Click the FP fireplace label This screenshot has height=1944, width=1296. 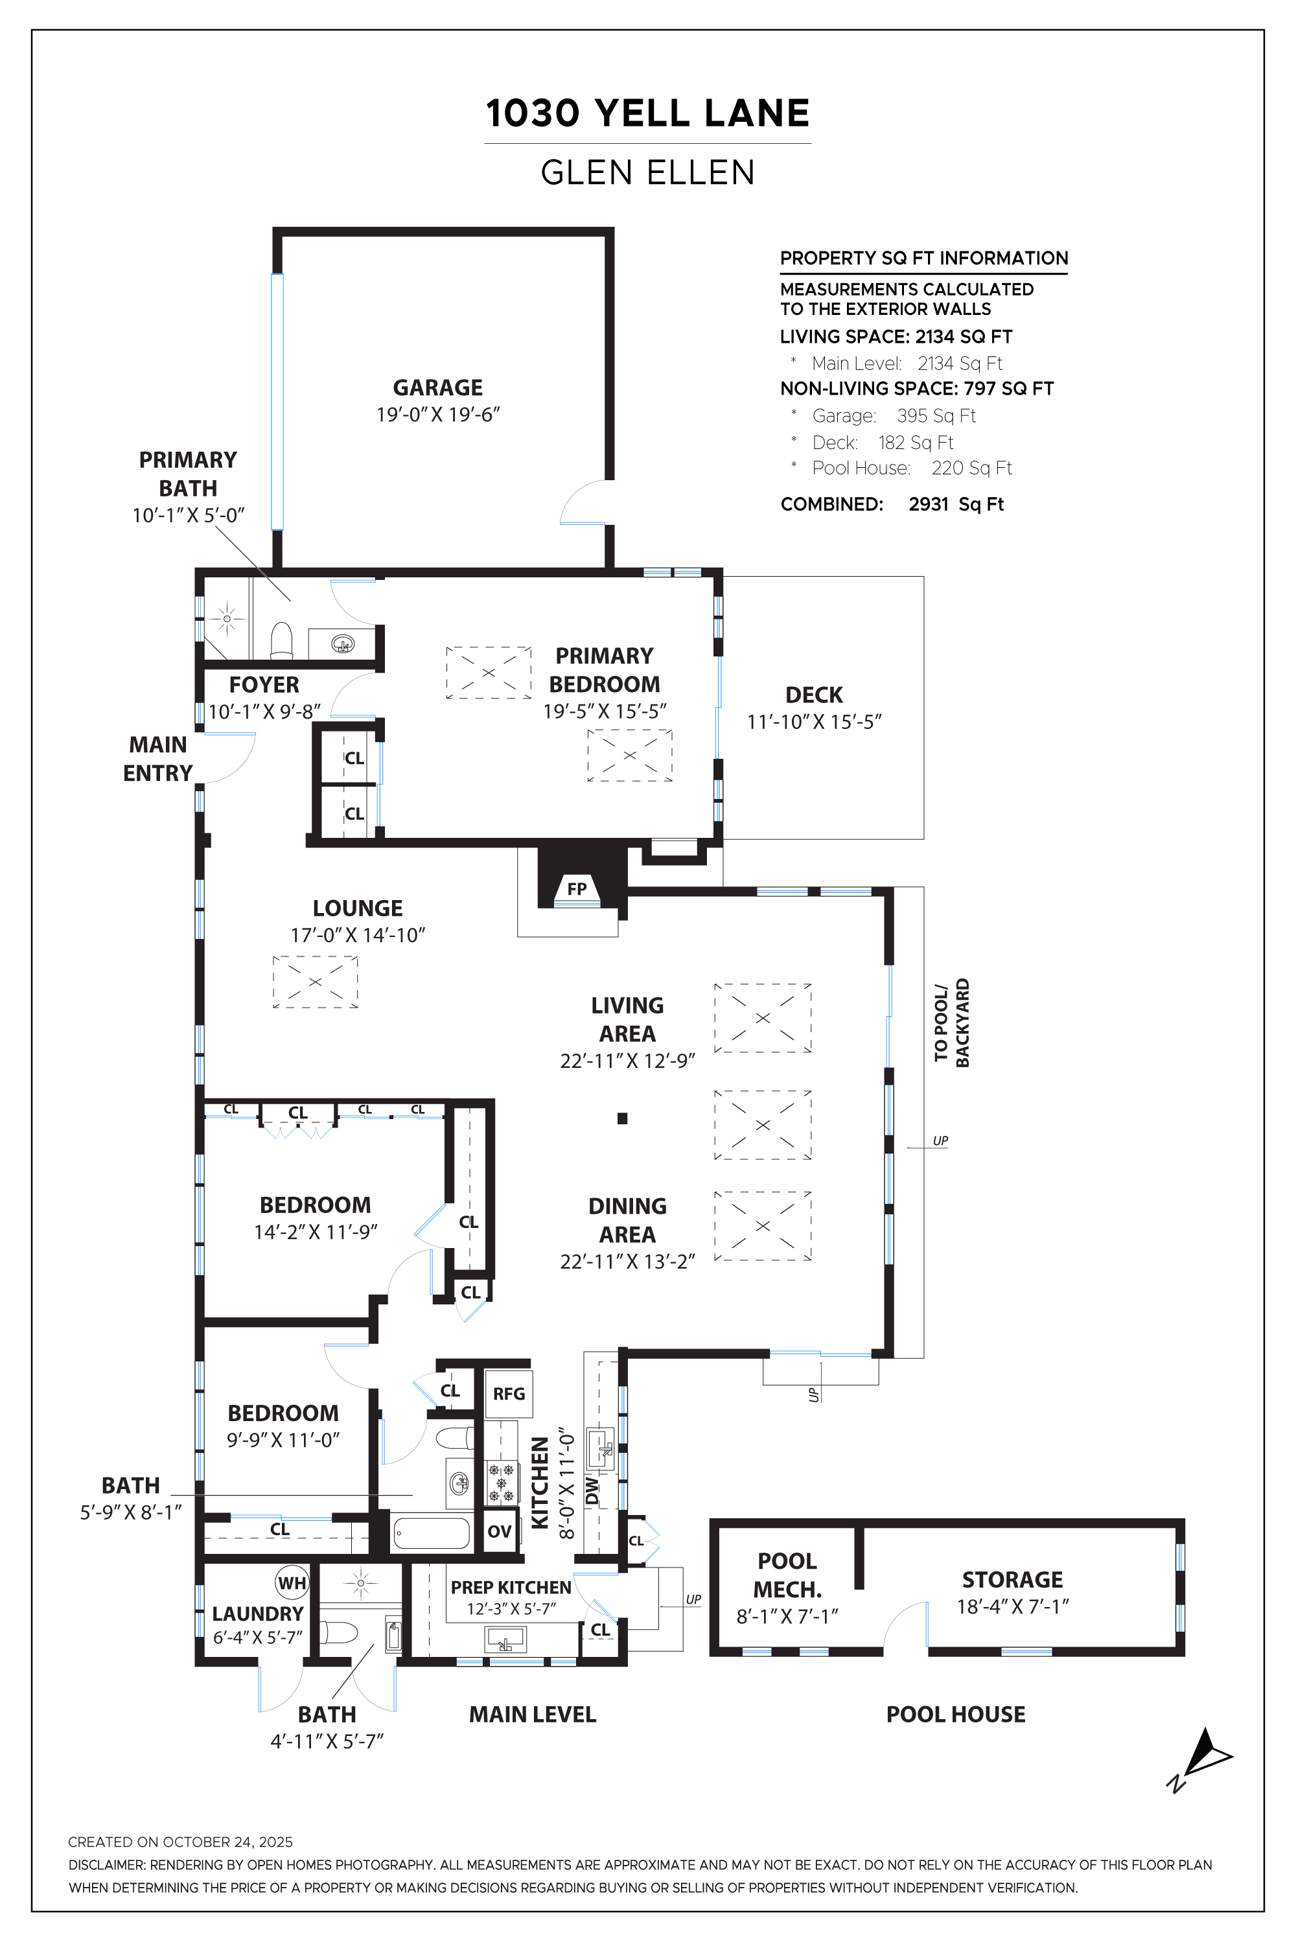click(x=577, y=888)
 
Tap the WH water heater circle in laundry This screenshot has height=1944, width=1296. click(x=292, y=1583)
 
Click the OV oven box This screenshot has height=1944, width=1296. click(x=499, y=1532)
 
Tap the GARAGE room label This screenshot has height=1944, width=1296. click(x=437, y=388)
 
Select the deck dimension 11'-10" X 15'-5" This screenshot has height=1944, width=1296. click(x=814, y=722)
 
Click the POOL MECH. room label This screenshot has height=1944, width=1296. click(x=787, y=1575)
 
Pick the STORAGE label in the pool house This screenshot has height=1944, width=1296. click(x=1012, y=1580)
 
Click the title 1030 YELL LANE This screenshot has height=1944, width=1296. click(x=647, y=113)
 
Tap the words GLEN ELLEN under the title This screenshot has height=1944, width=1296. click(x=647, y=173)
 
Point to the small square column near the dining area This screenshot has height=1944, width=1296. click(x=622, y=1118)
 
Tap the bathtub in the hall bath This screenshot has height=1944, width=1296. click(x=432, y=1533)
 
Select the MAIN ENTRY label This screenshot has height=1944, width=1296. click(x=158, y=759)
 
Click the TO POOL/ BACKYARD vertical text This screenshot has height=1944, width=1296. click(x=951, y=1023)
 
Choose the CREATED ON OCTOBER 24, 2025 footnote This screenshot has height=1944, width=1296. click(x=180, y=1842)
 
